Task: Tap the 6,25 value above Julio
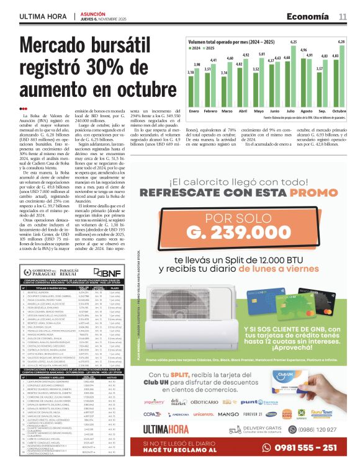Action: (x=294, y=41)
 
